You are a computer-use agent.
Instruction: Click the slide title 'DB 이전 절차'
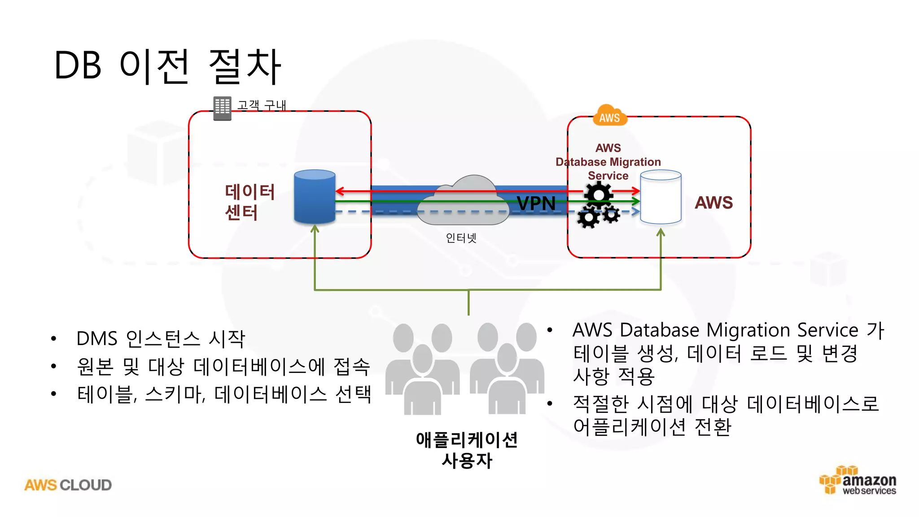(x=167, y=66)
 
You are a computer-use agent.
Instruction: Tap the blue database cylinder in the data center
(x=315, y=197)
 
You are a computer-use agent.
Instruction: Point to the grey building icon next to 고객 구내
(x=222, y=108)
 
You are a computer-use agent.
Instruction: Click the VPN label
(x=536, y=203)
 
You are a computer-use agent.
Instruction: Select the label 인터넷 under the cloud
(x=461, y=238)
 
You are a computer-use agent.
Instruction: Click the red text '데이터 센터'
(x=249, y=202)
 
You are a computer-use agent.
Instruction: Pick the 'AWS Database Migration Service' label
(x=608, y=162)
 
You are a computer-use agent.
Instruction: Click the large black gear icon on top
(x=598, y=193)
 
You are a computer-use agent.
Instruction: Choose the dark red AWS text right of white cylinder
(x=713, y=202)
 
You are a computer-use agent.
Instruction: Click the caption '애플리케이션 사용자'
(x=467, y=450)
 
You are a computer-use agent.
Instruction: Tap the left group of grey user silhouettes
(x=422, y=368)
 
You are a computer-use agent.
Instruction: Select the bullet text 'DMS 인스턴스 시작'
(x=161, y=338)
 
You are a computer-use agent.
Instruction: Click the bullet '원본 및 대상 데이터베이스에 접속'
(x=223, y=367)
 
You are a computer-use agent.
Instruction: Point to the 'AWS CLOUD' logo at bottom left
(x=68, y=485)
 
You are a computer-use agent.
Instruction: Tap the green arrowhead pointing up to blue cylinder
(x=315, y=229)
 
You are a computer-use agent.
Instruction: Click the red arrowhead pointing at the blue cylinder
(x=340, y=191)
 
